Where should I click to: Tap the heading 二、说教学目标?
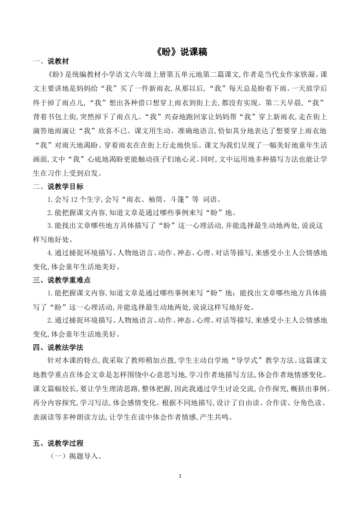(x=58, y=187)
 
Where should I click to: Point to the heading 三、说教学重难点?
(x=62, y=281)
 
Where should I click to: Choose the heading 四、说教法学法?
(x=58, y=347)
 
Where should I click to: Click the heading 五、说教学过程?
(x=58, y=443)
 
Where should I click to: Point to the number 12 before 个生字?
(x=75, y=200)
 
